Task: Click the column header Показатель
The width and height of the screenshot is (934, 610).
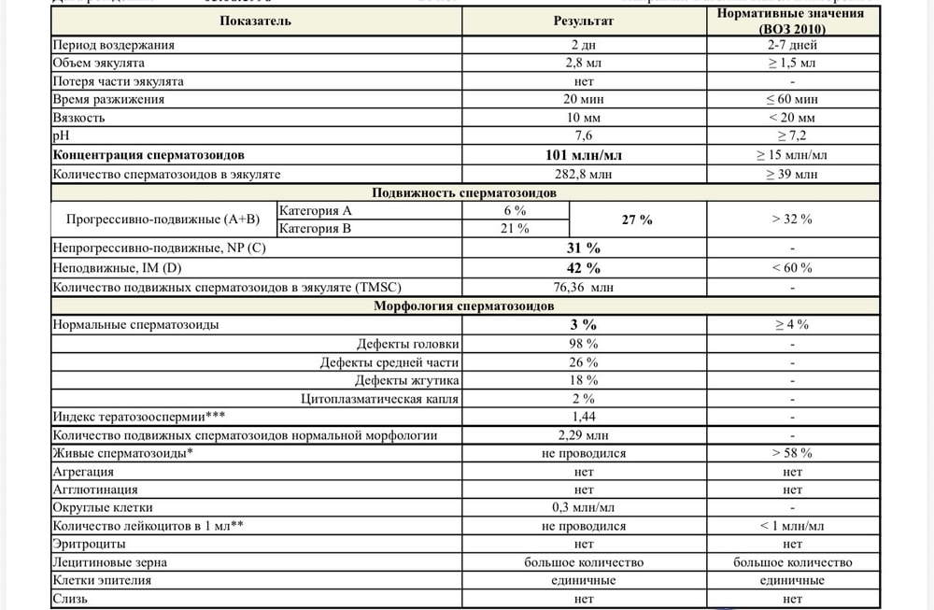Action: click(256, 21)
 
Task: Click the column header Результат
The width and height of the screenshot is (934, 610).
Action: click(584, 21)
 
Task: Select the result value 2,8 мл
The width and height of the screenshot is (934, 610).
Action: click(584, 63)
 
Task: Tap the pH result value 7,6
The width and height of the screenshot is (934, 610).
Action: click(584, 136)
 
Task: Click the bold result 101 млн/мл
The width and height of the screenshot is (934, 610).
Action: click(584, 155)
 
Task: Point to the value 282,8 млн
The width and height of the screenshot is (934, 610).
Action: click(584, 174)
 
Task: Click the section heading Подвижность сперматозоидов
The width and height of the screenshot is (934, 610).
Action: click(464, 192)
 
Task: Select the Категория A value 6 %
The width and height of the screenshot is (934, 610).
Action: click(516, 211)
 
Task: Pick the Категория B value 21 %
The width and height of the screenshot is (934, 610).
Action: click(516, 229)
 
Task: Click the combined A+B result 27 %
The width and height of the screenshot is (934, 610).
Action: click(636, 220)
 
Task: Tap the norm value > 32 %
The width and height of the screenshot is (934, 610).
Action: click(792, 220)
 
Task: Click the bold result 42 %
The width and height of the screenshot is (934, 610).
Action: click(584, 268)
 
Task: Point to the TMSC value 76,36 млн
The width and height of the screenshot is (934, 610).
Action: click(584, 287)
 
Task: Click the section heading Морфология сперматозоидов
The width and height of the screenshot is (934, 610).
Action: click(464, 305)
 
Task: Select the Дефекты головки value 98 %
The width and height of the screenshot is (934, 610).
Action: click(584, 343)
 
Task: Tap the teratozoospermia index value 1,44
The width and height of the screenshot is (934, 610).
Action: click(584, 416)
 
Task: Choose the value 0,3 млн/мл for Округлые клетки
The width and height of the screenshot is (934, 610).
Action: click(584, 507)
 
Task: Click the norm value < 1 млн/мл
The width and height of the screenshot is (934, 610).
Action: click(792, 526)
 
